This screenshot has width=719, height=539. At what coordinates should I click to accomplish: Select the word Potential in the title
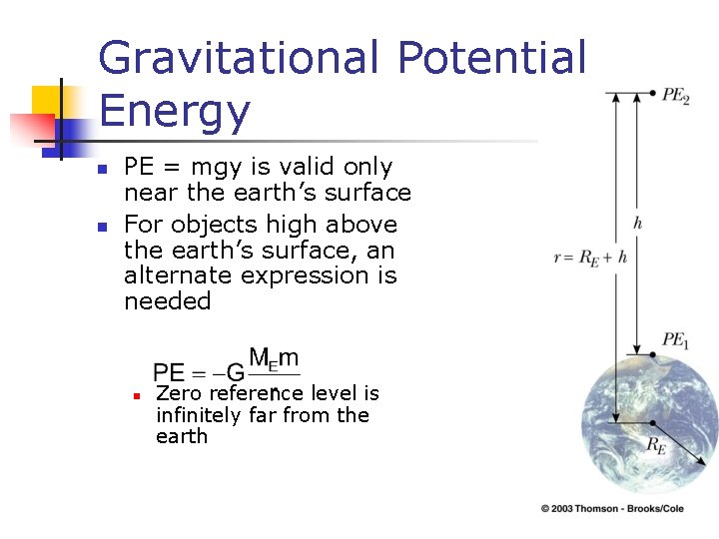tap(492, 58)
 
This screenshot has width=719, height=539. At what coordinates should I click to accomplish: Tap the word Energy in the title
tap(174, 111)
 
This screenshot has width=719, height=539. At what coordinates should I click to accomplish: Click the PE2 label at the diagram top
tap(675, 96)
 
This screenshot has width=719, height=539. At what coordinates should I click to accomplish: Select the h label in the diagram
tap(637, 223)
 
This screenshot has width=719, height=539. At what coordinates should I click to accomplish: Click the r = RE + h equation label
tap(591, 257)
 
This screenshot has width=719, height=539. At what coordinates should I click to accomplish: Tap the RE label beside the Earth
tap(655, 446)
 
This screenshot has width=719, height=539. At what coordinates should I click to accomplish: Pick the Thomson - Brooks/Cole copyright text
tap(627, 509)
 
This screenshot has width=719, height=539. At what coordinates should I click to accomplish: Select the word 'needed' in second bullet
tap(167, 301)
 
